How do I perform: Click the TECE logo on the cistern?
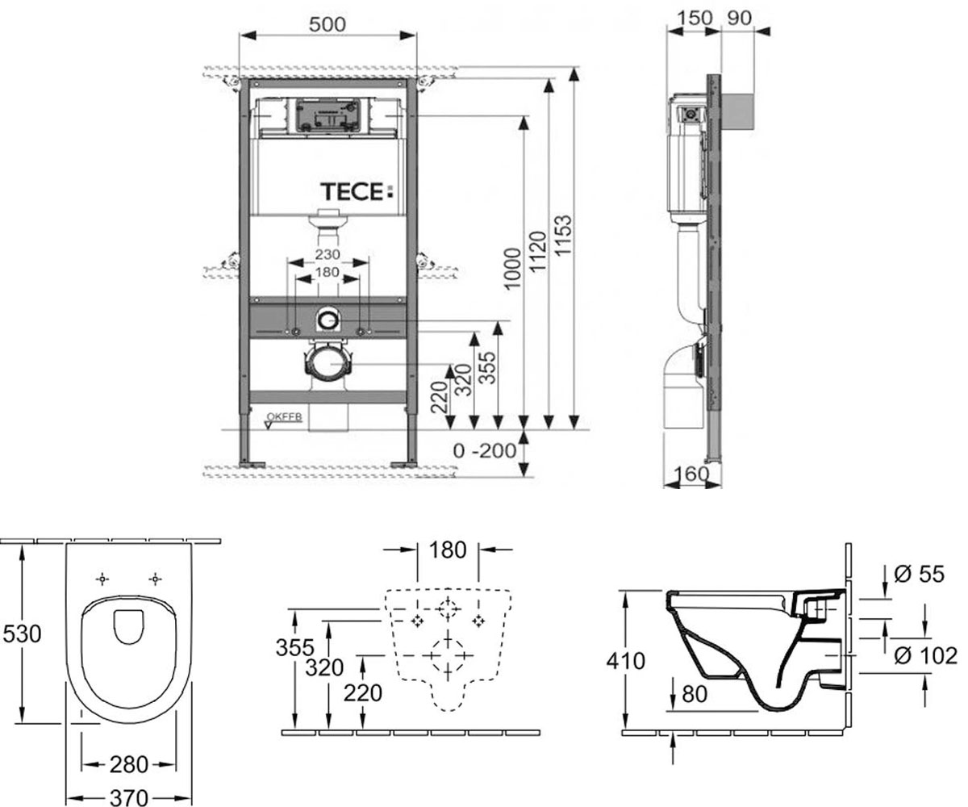pyautogui.click(x=357, y=191)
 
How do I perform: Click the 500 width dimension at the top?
pyautogui.click(x=328, y=24)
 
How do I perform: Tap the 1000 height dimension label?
pyautogui.click(x=513, y=269)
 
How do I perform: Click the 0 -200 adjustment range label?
pyautogui.click(x=485, y=450)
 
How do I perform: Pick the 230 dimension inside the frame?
pyautogui.click(x=328, y=254)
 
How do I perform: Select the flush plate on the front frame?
pyautogui.click(x=328, y=116)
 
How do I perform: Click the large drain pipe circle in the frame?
pyautogui.click(x=328, y=364)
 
